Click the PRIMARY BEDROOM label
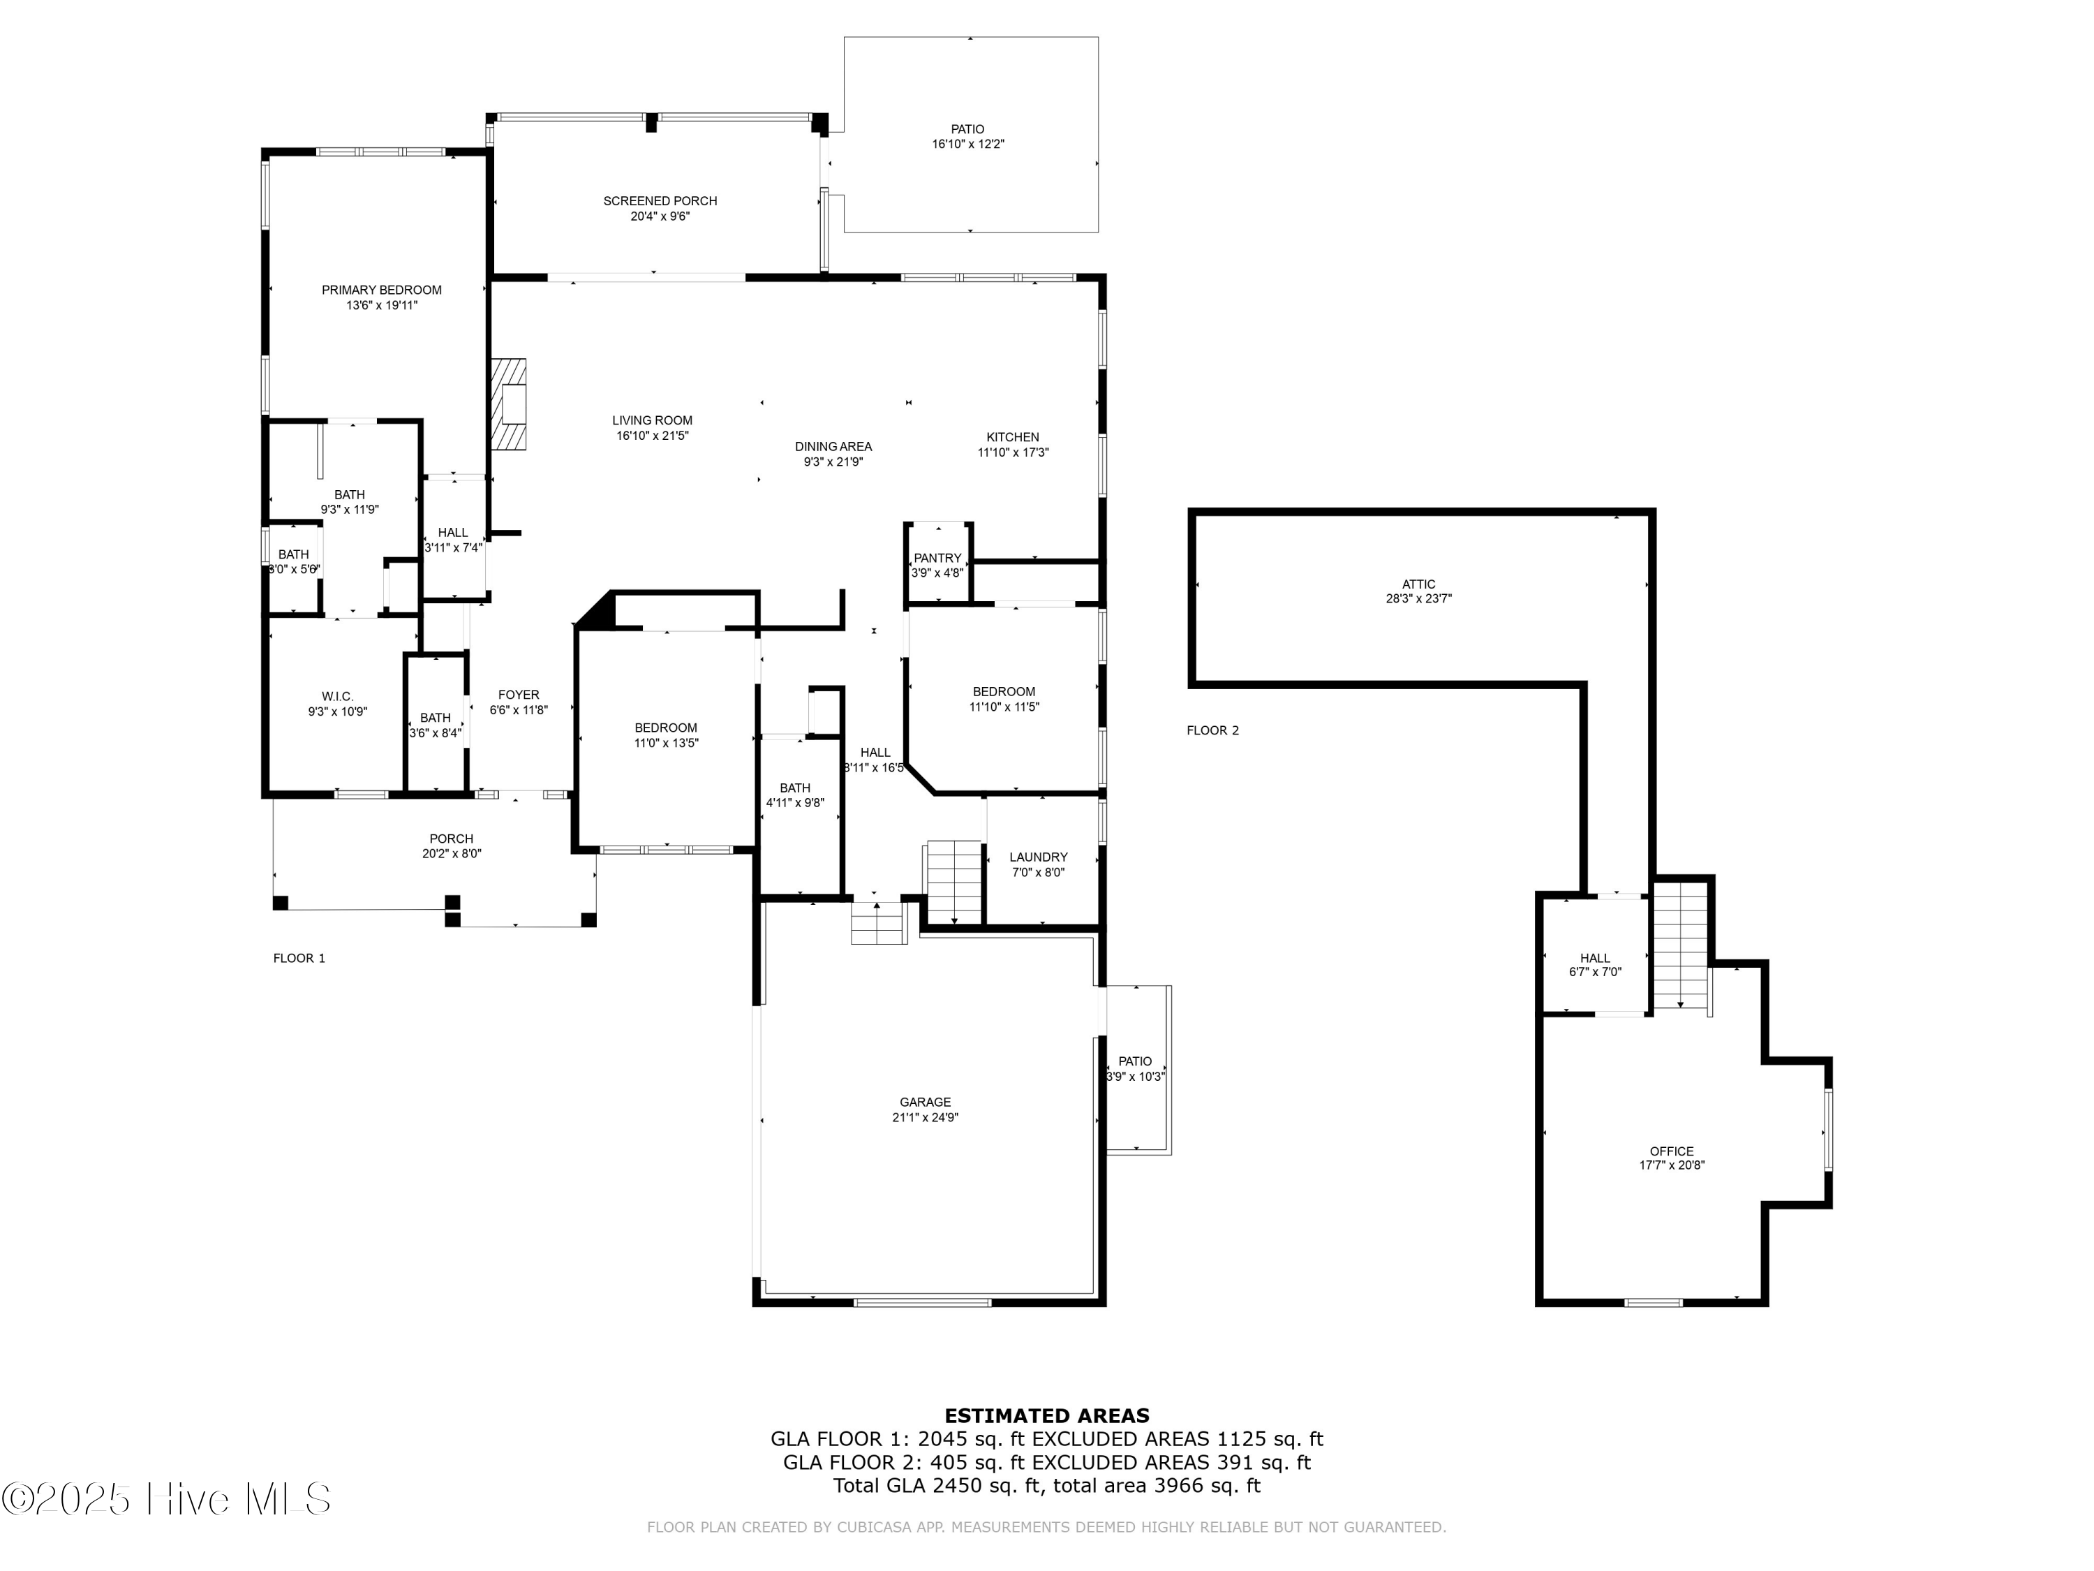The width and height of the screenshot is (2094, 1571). (x=382, y=290)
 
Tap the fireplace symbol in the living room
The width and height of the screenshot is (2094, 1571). (x=510, y=404)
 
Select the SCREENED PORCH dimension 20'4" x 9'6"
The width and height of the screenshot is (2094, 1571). (x=660, y=216)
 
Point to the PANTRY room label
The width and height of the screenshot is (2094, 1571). (x=937, y=558)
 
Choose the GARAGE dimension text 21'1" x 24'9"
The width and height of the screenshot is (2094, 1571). (x=925, y=1117)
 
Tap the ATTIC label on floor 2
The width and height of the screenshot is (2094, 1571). (x=1418, y=584)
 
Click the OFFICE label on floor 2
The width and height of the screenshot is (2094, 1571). (x=1672, y=1151)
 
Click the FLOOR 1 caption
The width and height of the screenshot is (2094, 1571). (x=299, y=959)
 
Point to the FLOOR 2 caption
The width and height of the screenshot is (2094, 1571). (x=1212, y=730)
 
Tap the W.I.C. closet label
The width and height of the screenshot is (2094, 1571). (x=337, y=697)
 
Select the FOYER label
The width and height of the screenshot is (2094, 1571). (x=519, y=695)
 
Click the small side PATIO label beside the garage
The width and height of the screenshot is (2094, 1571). (x=1135, y=1061)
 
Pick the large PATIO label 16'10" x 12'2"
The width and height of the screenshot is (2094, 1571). (x=967, y=130)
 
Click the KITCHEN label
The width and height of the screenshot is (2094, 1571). (x=1013, y=438)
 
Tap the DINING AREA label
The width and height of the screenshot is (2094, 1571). (x=833, y=447)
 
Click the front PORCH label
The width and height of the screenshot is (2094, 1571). (x=452, y=839)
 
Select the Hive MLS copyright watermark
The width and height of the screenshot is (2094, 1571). (x=167, y=1499)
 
